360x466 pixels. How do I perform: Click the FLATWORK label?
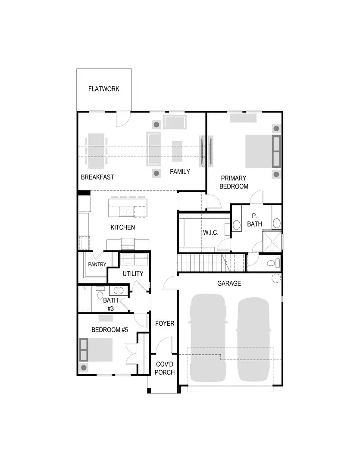point(103,89)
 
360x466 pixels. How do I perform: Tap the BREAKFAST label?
point(97,177)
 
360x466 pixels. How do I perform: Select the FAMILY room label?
point(179,172)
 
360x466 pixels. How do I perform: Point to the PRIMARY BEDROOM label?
point(234,182)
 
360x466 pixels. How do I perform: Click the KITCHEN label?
point(122,227)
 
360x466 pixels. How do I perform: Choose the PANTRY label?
point(97,264)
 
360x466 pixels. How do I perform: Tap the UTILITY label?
point(133,274)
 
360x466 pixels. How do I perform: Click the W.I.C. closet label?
point(211,233)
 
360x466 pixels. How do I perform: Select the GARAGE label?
point(229,283)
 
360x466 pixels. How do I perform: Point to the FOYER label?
point(165,323)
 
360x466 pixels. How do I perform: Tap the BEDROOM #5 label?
point(110,330)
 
